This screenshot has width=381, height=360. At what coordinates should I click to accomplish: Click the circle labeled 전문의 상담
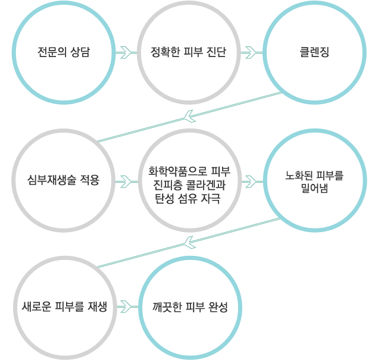pos(64,53)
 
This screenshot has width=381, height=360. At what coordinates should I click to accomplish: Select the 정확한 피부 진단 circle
pos(189,53)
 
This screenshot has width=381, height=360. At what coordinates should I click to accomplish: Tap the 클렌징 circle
pos(314,53)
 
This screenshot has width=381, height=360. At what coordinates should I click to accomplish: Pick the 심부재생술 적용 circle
pos(64,180)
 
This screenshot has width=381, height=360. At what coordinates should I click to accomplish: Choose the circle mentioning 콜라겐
pos(190,180)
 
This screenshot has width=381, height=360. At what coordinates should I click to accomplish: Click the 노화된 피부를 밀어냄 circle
pos(315,180)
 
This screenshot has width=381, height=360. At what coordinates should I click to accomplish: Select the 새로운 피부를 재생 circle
pos(65,308)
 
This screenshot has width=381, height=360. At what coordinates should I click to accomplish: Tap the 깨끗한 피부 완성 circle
pos(190,308)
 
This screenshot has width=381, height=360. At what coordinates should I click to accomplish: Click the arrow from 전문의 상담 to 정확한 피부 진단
pos(126,52)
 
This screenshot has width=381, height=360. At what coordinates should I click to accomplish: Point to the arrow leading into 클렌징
pos(252,52)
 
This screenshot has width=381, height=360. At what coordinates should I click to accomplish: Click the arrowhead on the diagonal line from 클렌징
pos(189,116)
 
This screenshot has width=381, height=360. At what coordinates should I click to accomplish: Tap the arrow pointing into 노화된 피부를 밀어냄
pos(252,181)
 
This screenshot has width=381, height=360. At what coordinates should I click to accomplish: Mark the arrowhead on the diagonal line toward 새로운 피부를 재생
pos(189,242)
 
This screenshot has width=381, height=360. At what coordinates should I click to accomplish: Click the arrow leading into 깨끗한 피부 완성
pos(127,307)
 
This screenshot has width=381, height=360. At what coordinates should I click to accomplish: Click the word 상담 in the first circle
pos(80,52)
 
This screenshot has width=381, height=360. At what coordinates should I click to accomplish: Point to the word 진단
pos(217,52)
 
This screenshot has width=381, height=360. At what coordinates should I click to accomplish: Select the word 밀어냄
pos(314,188)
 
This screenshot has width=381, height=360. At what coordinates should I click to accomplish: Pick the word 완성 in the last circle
pos(218,307)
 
